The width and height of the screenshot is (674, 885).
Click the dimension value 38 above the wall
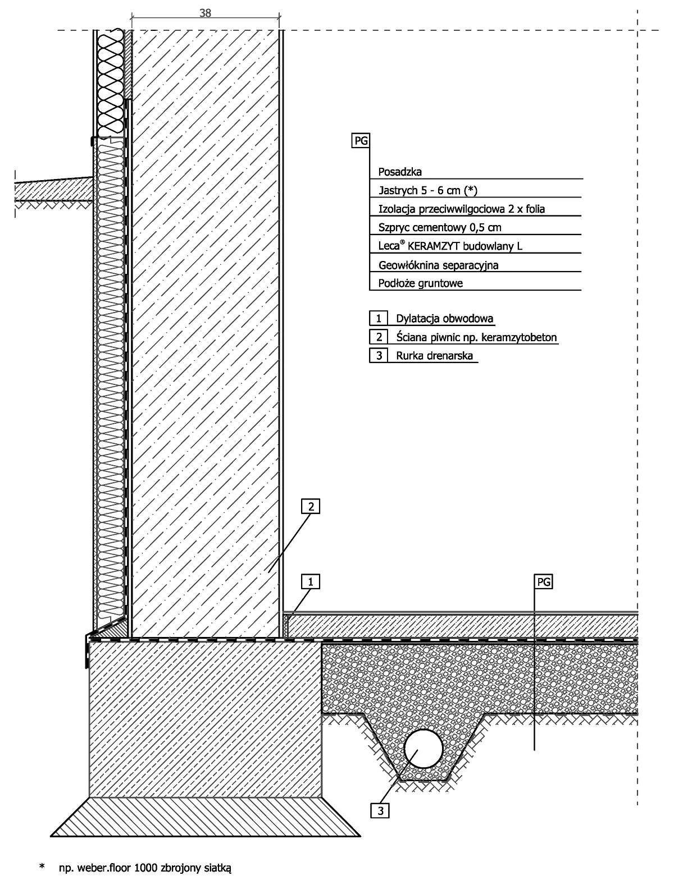pyautogui.click(x=205, y=13)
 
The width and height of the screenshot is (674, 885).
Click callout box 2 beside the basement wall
pyautogui.click(x=311, y=506)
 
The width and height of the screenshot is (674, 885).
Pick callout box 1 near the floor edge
pyautogui.click(x=311, y=581)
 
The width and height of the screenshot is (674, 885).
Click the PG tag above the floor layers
pyautogui.click(x=543, y=581)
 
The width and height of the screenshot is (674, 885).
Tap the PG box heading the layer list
pyautogui.click(x=361, y=140)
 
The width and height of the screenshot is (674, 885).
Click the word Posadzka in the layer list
pyautogui.click(x=400, y=172)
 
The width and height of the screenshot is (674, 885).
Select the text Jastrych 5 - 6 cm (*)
pyautogui.click(x=428, y=190)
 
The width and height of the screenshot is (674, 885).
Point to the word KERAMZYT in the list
pyautogui.click(x=434, y=246)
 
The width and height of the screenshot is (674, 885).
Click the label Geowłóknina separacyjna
pyautogui.click(x=439, y=265)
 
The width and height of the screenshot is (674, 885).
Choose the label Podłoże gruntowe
pyautogui.click(x=420, y=283)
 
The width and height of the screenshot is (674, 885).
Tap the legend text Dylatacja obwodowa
pyautogui.click(x=444, y=319)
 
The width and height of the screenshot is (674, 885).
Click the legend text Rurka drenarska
pyautogui.click(x=434, y=356)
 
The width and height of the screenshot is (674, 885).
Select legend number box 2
pyautogui.click(x=379, y=337)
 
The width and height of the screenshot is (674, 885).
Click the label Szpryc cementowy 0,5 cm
pyautogui.click(x=440, y=227)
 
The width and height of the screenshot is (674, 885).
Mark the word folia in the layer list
pyautogui.click(x=535, y=209)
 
